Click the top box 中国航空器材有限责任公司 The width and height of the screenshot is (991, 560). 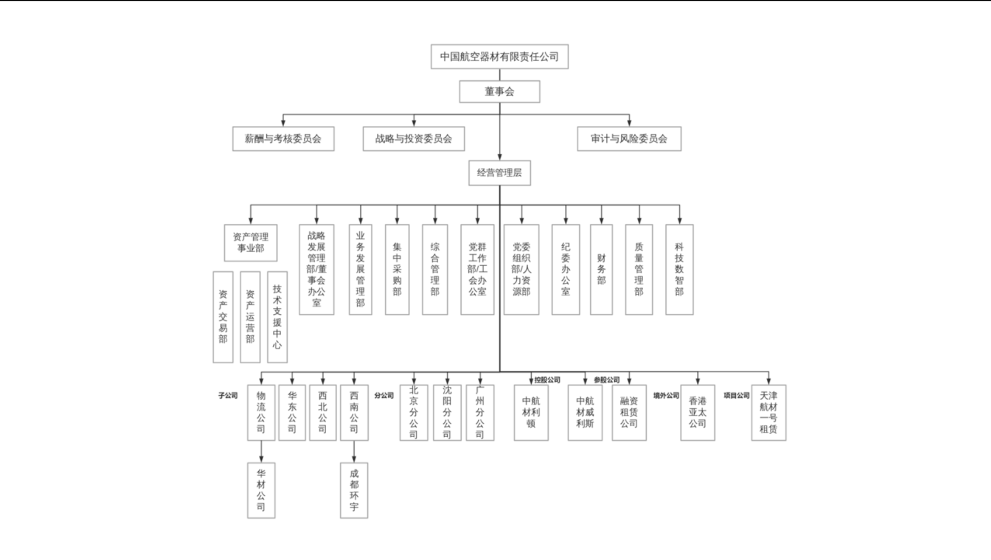(499, 56)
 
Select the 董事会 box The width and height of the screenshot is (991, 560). (499, 92)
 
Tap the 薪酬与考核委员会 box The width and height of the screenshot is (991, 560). (283, 139)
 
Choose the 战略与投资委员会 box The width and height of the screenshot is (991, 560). (414, 139)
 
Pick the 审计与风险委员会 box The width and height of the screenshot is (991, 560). (629, 139)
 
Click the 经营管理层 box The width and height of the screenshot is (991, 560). (500, 173)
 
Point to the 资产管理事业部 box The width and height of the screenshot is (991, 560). (251, 242)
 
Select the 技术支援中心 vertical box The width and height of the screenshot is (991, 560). (278, 317)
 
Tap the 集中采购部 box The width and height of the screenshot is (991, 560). (397, 269)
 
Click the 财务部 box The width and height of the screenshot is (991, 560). (601, 269)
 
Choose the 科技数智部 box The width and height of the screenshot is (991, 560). (679, 269)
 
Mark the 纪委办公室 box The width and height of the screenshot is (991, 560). (565, 269)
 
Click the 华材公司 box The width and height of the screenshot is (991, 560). (261, 490)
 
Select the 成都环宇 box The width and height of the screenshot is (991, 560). (354, 490)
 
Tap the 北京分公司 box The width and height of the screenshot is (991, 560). (414, 413)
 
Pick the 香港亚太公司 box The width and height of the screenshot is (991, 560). (697, 413)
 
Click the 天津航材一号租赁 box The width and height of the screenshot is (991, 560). (768, 413)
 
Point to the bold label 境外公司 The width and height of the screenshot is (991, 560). (666, 396)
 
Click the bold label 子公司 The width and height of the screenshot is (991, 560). (228, 396)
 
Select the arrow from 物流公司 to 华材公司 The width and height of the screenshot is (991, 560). (261, 452)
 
